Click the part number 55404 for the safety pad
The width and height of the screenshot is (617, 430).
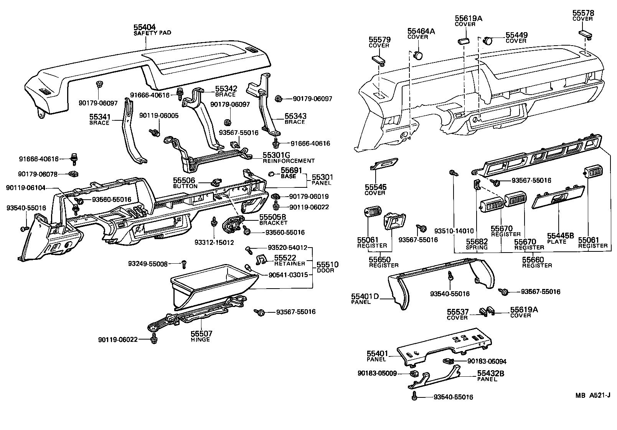click(x=145, y=27)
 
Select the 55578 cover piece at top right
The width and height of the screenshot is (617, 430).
click(x=585, y=35)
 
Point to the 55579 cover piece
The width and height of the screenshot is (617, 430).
click(x=378, y=60)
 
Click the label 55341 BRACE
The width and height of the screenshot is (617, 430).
click(x=100, y=120)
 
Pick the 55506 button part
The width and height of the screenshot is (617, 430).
click(x=216, y=182)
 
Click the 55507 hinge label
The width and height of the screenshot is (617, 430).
click(x=201, y=336)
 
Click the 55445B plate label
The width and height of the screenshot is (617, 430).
click(x=561, y=238)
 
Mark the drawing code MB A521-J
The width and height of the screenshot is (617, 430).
click(x=592, y=396)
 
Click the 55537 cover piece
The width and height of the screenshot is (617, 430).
click(x=483, y=312)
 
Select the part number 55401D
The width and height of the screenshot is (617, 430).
click(x=365, y=296)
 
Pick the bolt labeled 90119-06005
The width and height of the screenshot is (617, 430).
click(x=155, y=133)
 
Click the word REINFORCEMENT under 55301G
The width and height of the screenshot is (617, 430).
click(x=289, y=161)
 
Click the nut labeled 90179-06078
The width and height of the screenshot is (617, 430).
click(x=73, y=174)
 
